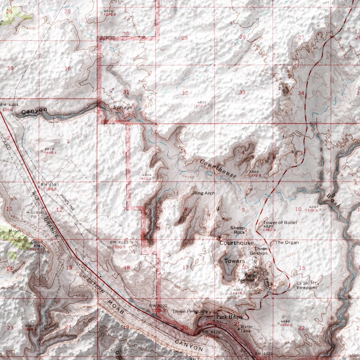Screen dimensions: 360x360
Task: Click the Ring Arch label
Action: [x=204, y=193]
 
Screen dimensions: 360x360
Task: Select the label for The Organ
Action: [x=287, y=243]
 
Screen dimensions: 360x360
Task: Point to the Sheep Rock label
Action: [x=238, y=230]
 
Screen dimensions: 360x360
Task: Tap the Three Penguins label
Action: [x=190, y=311]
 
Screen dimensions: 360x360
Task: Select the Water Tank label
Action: [x=246, y=329]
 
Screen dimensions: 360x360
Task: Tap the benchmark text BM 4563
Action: [x=119, y=243]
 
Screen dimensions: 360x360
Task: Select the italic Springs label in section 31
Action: [x=122, y=107]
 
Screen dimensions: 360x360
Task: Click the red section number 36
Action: [x=68, y=68]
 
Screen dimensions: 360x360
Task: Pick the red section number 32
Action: [x=185, y=93]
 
